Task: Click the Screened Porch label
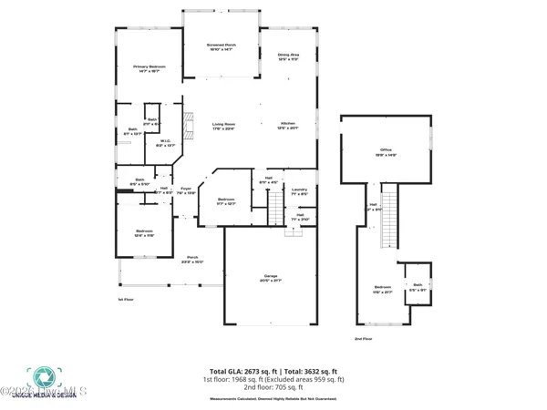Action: click(x=221, y=46)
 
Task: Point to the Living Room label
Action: click(x=224, y=126)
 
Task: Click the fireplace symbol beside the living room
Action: click(x=188, y=122)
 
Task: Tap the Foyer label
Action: click(x=185, y=190)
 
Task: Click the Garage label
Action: click(x=270, y=277)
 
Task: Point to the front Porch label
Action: click(x=192, y=259)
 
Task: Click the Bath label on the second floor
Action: click(x=418, y=286)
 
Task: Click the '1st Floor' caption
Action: click(x=125, y=300)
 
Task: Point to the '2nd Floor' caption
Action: click(x=365, y=338)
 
